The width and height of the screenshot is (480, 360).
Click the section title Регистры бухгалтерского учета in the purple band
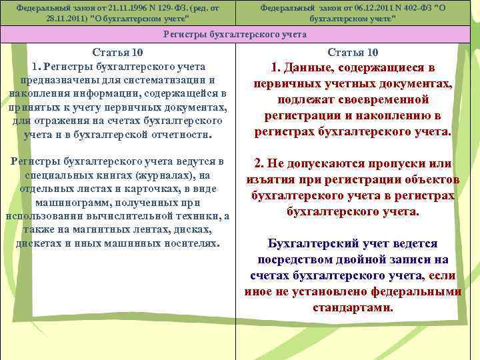pos(239,34)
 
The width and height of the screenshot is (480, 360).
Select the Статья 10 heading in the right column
pos(353,53)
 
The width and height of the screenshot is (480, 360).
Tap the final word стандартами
pos(353,308)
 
